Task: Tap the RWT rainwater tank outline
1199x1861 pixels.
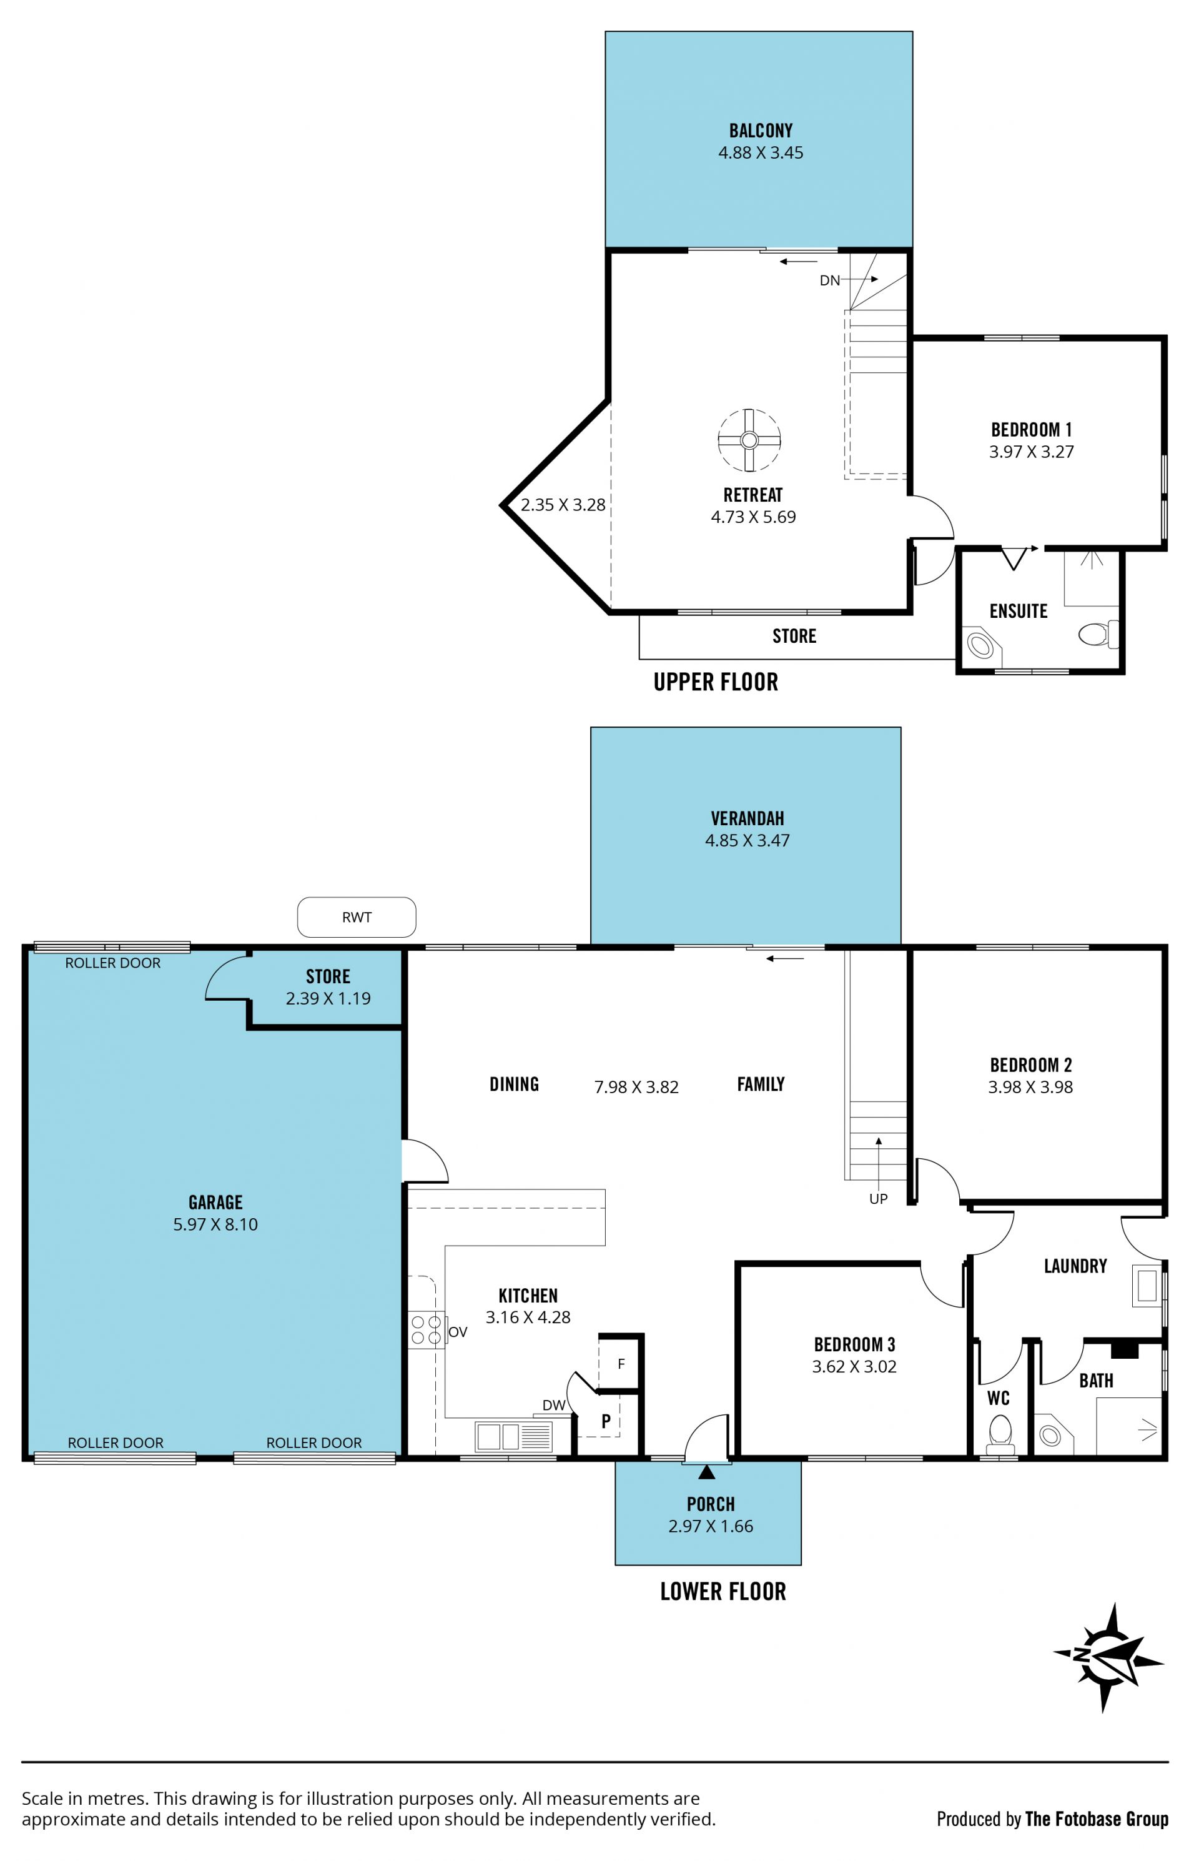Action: point(357,916)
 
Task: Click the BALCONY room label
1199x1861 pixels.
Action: point(761,130)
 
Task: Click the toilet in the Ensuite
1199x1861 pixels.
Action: point(1098,634)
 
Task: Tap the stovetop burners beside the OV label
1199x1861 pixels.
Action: point(426,1329)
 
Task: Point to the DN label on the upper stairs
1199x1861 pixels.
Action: point(830,280)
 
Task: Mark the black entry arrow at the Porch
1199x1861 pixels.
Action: point(706,1472)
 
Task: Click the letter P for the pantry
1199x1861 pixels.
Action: point(606,1421)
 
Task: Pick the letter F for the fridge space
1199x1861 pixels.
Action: point(621,1364)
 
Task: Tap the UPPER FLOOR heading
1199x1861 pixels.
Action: point(716,682)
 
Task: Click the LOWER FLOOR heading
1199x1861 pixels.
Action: point(723,1592)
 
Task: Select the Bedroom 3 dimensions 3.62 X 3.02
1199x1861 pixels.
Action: point(854,1367)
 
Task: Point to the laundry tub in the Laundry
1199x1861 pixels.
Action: point(1148,1286)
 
